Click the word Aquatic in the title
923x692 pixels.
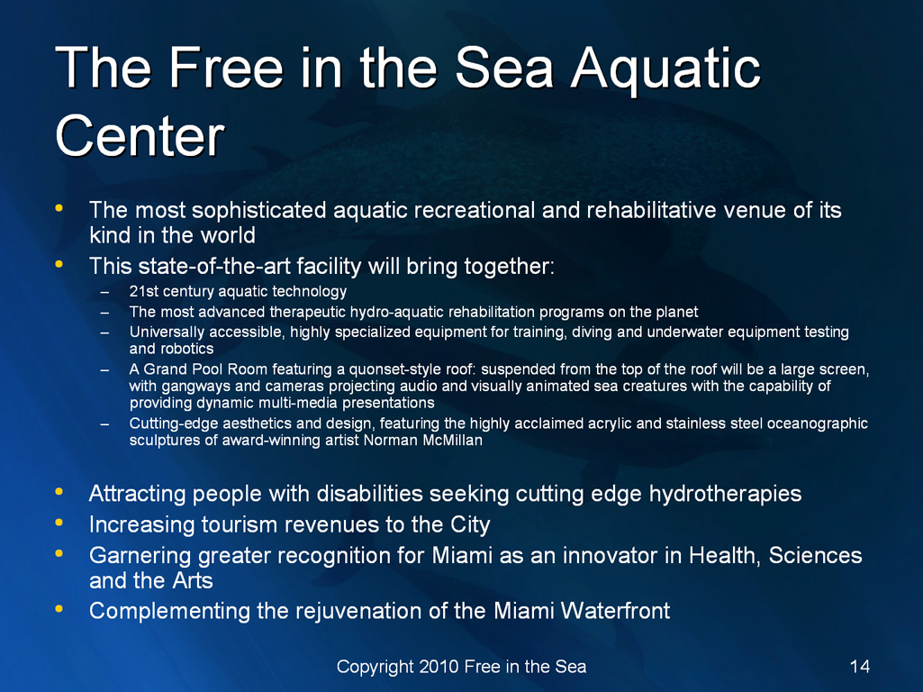(x=665, y=68)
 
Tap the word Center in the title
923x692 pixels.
(x=140, y=136)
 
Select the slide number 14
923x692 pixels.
(x=859, y=666)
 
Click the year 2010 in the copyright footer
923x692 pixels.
(x=439, y=666)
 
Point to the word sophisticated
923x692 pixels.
(x=259, y=211)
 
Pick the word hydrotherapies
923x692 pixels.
(x=725, y=494)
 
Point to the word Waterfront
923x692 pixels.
(x=615, y=611)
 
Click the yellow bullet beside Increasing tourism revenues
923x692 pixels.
(x=59, y=522)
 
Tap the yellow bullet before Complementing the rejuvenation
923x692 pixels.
(x=59, y=608)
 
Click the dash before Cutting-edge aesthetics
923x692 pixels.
(x=104, y=424)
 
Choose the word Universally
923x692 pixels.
(x=167, y=332)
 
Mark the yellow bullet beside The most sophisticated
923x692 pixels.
(x=59, y=207)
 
